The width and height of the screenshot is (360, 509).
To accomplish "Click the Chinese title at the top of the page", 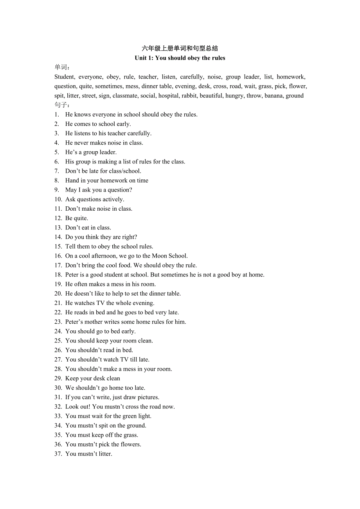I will click(x=180, y=48).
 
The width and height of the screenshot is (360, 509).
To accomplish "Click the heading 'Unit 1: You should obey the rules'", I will click(x=180, y=58).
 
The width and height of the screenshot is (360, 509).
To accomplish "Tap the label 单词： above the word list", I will click(x=63, y=67).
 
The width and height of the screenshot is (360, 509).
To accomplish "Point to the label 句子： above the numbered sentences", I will click(x=63, y=105).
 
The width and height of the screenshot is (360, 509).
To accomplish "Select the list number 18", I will click(x=58, y=275).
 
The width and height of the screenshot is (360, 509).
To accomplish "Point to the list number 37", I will click(x=58, y=454).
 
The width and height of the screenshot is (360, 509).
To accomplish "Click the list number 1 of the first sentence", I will click(x=57, y=115).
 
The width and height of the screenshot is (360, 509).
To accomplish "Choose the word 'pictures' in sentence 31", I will click(x=148, y=397).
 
